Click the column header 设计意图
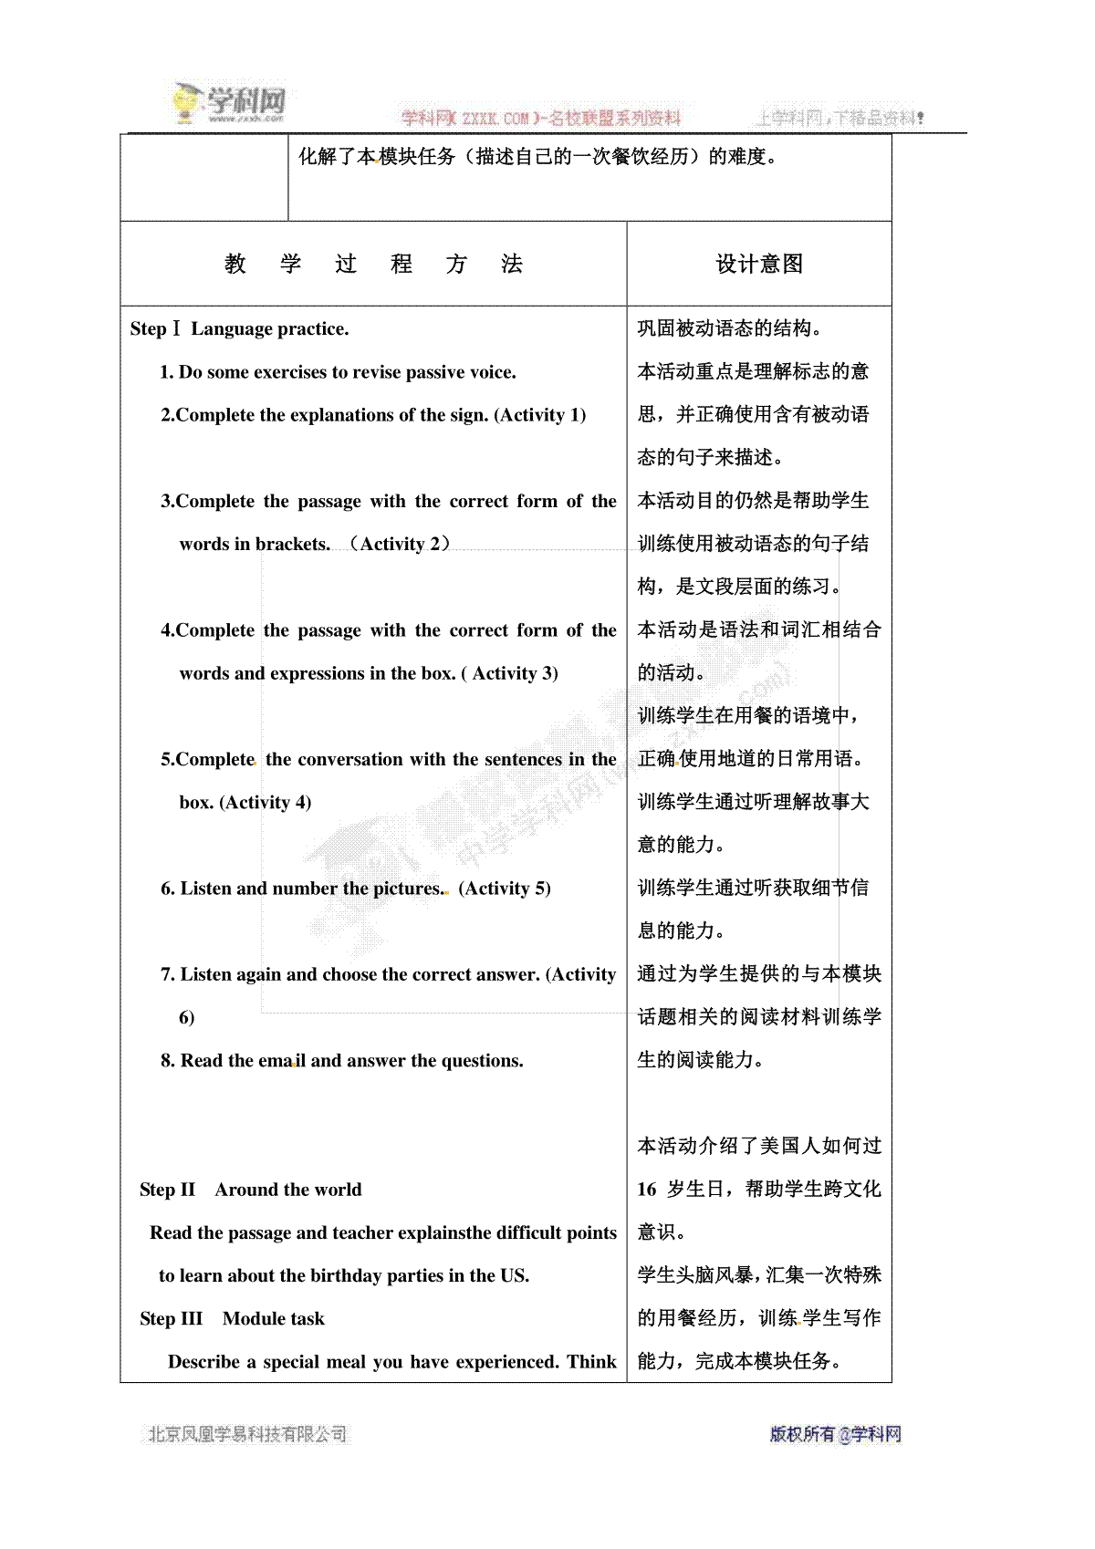tap(759, 265)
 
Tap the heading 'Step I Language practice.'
tap(240, 329)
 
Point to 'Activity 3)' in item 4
tap(515, 674)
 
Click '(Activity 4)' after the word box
tap(266, 803)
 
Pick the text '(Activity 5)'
tap(505, 889)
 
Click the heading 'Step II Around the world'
tap(251, 1190)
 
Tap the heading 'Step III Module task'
tap(232, 1319)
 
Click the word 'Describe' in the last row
tap(203, 1362)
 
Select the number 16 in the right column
tap(647, 1190)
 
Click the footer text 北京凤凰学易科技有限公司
tap(247, 1435)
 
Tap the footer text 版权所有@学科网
tap(835, 1434)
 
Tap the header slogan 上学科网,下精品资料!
tap(839, 118)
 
